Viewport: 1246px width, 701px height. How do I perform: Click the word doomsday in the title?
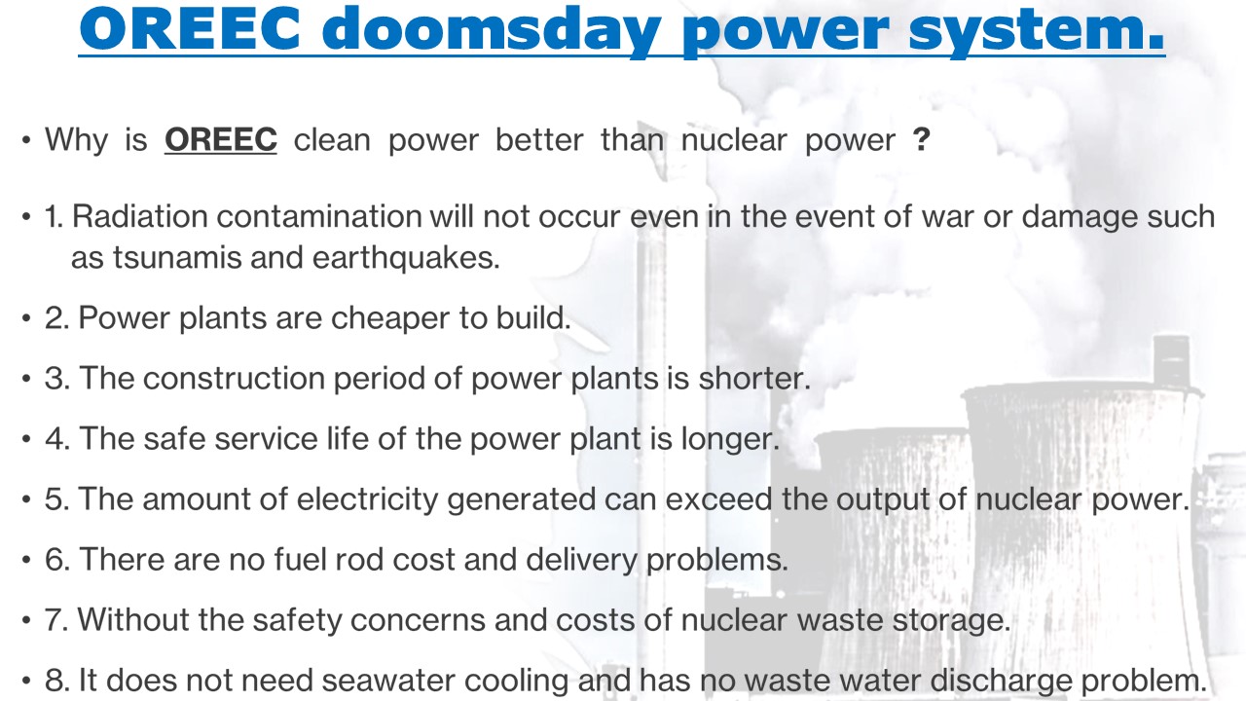(492, 30)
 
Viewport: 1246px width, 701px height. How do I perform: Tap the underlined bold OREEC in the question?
(221, 139)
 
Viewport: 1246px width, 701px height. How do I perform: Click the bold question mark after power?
(921, 139)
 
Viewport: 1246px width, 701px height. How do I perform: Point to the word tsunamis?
(177, 258)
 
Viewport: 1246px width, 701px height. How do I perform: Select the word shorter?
(753, 379)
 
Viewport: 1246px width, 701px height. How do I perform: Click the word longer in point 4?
(730, 439)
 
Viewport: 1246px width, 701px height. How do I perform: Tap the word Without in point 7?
(133, 619)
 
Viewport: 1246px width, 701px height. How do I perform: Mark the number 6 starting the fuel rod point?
(55, 559)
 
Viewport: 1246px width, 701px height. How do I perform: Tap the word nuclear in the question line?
(734, 139)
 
